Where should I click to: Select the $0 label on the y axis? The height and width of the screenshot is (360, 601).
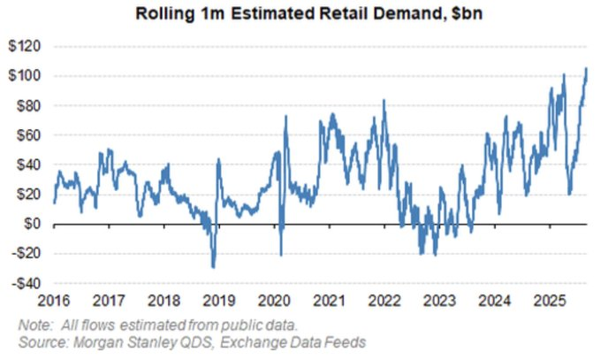point(36,225)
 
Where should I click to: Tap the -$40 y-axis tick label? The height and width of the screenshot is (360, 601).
point(28,284)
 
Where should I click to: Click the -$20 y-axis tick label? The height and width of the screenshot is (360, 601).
point(28,255)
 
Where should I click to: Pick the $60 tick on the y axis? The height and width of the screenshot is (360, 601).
point(32,135)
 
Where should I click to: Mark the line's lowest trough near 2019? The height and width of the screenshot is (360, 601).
point(213,267)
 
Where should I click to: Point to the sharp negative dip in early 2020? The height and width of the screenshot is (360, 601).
point(281,256)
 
